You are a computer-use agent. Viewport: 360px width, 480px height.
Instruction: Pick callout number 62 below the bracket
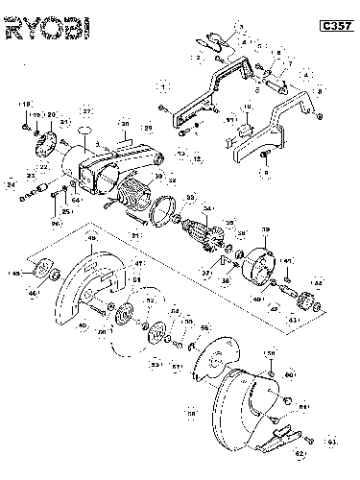(x=299, y=451)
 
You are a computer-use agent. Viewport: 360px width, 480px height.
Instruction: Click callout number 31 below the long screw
(x=136, y=234)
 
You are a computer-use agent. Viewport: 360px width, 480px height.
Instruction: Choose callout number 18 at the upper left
(x=25, y=103)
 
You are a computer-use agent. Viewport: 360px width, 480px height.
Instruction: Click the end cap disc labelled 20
(x=44, y=147)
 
